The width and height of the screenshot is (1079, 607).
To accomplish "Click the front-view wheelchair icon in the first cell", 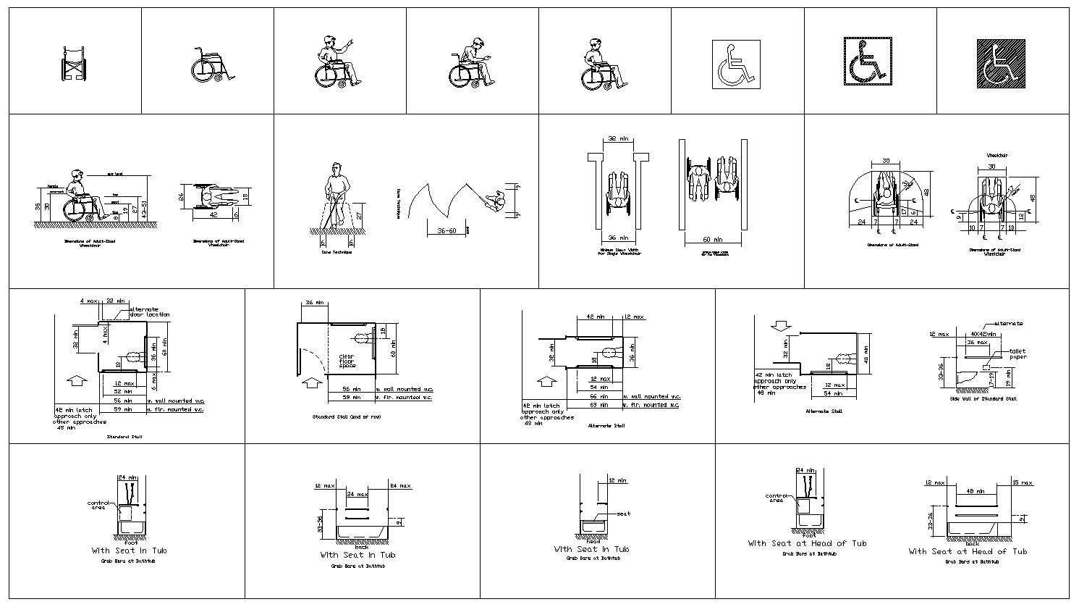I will click(74, 64).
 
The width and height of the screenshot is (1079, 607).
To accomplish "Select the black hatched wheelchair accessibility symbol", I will click(1002, 63).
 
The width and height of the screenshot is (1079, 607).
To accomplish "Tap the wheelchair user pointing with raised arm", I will click(337, 62).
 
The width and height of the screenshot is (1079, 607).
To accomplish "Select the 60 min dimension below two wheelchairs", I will click(713, 238).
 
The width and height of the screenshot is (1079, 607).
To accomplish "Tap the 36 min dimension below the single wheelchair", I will click(617, 238).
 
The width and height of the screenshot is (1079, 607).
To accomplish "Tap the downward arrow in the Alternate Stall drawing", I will click(779, 327).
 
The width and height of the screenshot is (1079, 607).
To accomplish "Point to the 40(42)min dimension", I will click(983, 334).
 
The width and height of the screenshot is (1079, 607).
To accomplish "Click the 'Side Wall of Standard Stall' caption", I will click(983, 398).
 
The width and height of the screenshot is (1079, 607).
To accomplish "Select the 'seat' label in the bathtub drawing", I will click(623, 514).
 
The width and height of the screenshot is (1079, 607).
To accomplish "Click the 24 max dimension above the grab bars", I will click(356, 494).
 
